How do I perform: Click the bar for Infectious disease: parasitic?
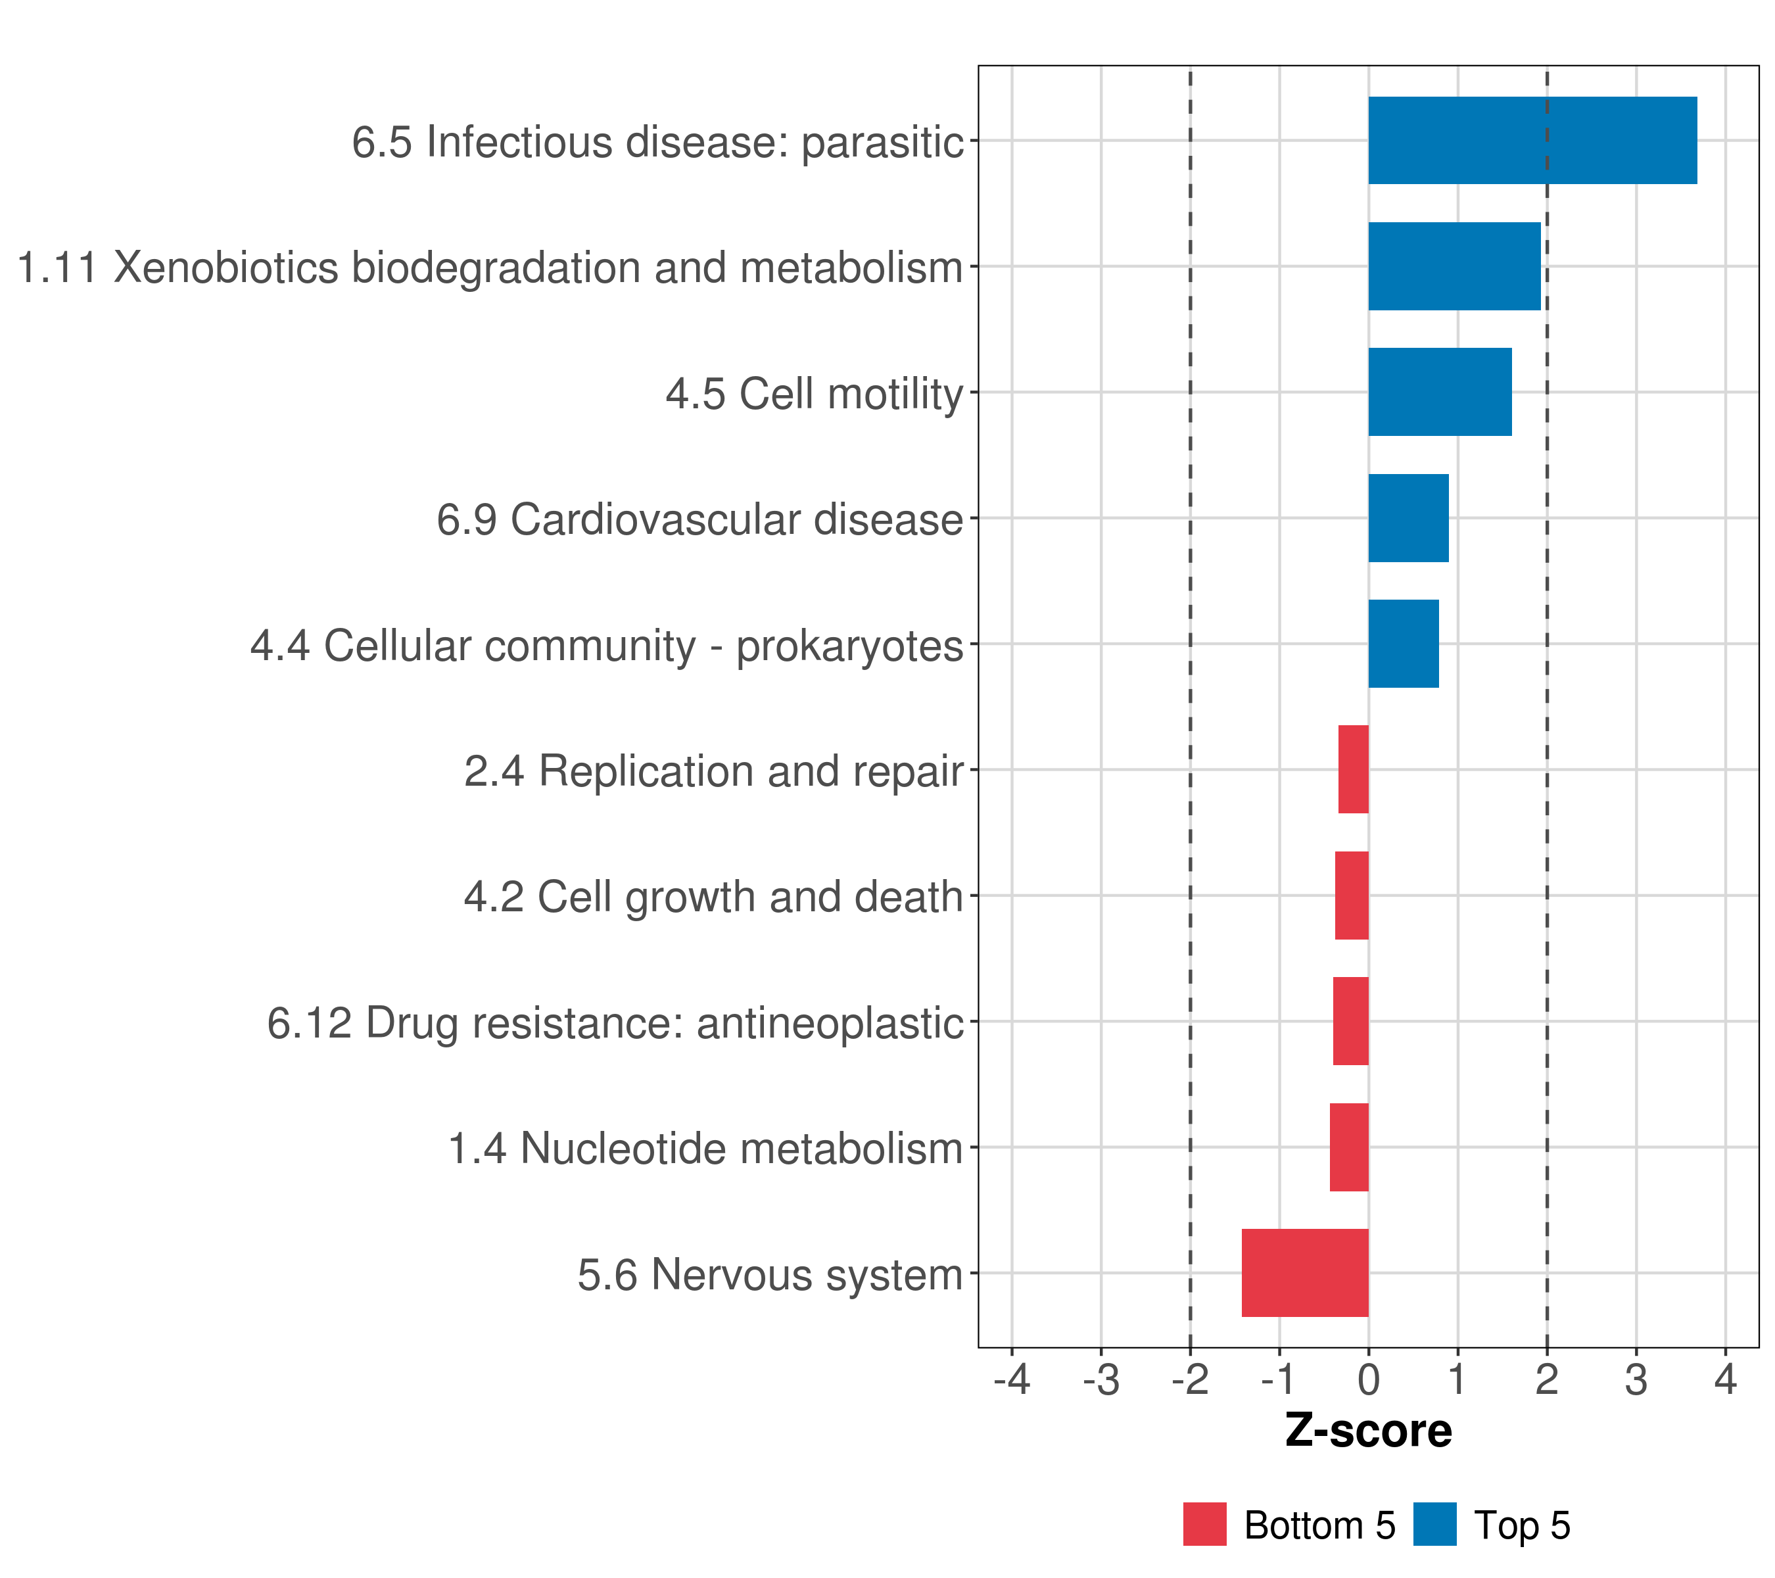[1532, 140]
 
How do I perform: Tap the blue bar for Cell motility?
[1439, 392]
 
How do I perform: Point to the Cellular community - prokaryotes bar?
[1404, 644]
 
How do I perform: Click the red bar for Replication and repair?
[1353, 769]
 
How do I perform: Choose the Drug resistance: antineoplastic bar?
[1350, 1021]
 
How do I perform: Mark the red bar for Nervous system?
[1304, 1273]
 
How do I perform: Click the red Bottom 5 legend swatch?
[1204, 1525]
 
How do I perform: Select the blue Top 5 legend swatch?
[1434, 1525]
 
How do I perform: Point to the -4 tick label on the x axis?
[1012, 1379]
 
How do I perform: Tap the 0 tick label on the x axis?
[1369, 1379]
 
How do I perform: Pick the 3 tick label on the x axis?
[1636, 1379]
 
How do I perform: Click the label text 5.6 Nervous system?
[770, 1275]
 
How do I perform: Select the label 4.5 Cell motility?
[815, 393]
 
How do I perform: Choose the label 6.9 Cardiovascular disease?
[700, 519]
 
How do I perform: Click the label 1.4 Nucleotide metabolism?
[705, 1148]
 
